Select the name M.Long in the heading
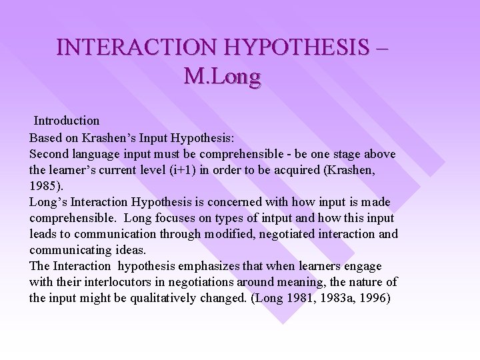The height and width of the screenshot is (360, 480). [x=221, y=77]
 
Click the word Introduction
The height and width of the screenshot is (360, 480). [x=67, y=121]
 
